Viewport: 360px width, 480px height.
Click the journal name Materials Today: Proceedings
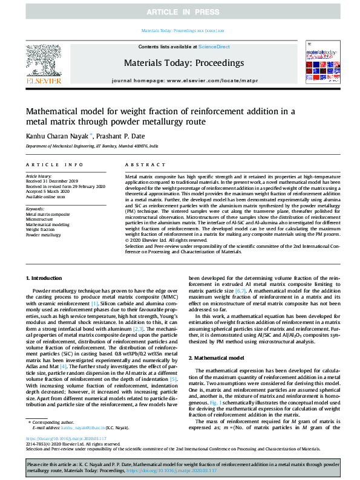tap(180, 62)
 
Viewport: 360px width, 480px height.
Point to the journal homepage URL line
tap(180, 80)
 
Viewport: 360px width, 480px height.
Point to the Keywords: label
tap(35, 209)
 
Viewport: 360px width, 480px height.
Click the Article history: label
tap(39, 176)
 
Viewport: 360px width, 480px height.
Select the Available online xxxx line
tap(45, 196)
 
